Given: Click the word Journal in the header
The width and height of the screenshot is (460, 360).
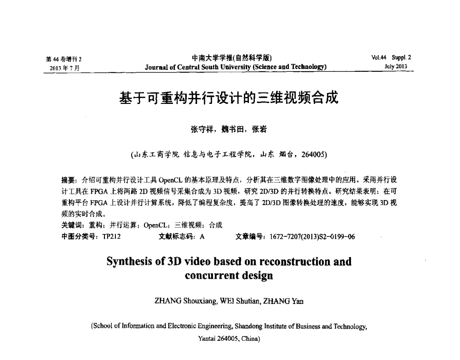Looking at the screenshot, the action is [x=156, y=67].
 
